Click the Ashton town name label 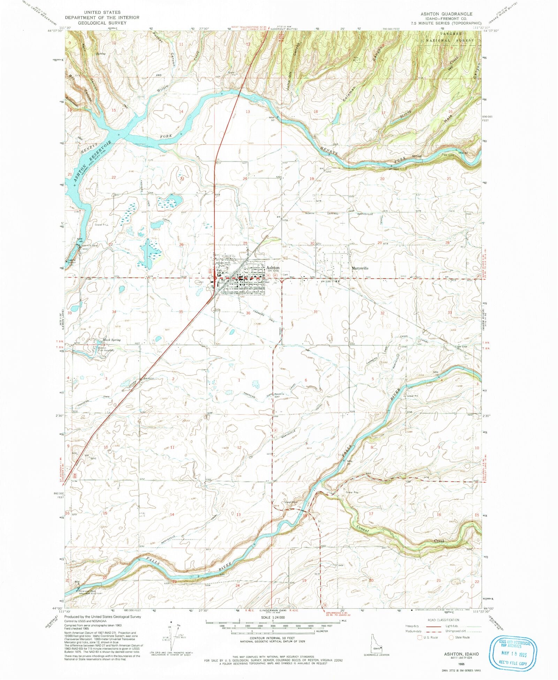click(x=273, y=268)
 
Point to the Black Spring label click(x=111, y=340)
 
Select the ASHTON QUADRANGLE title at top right click(x=446, y=14)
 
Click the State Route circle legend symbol click(x=451, y=637)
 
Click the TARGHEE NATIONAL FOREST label click(x=450, y=37)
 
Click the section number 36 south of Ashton click(x=248, y=313)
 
